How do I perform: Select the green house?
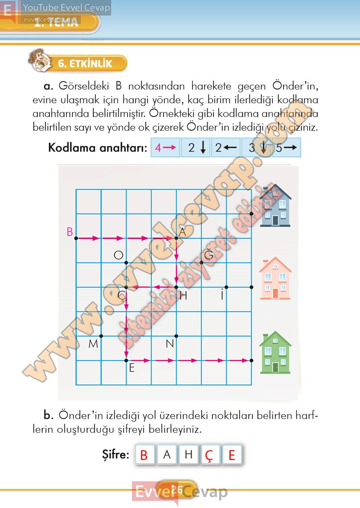click(x=275, y=352)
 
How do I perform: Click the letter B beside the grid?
click(x=70, y=232)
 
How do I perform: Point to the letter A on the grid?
click(x=182, y=232)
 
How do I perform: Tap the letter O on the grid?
click(x=118, y=255)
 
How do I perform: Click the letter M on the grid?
click(x=93, y=344)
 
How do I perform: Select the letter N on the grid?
click(x=169, y=344)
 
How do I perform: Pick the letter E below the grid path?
click(x=132, y=368)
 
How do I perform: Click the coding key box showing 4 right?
click(x=165, y=148)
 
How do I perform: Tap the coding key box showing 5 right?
click(x=286, y=148)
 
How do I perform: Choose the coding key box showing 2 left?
click(x=225, y=148)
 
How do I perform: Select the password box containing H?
click(x=188, y=455)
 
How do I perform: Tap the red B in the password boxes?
click(x=144, y=455)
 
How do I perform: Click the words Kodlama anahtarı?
click(x=97, y=148)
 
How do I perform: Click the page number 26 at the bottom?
click(x=177, y=489)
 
